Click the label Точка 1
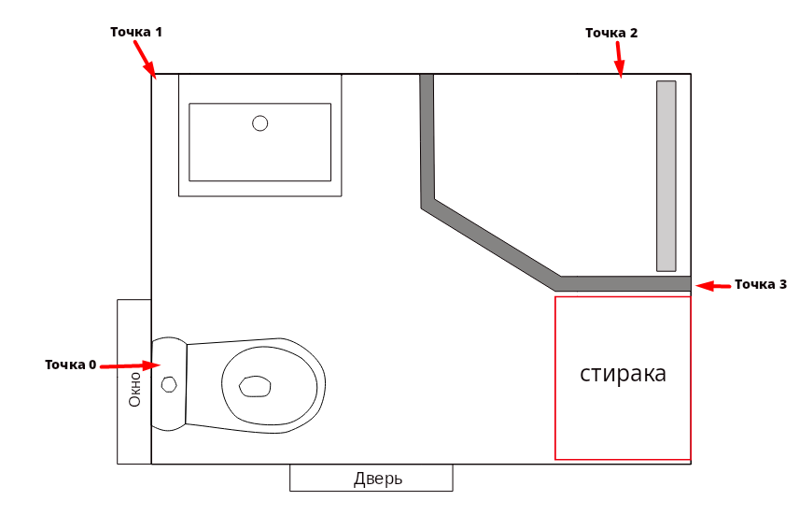(136, 32)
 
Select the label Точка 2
(611, 33)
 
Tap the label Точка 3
(761, 284)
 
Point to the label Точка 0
(71, 365)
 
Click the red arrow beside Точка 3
(714, 285)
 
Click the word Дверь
(378, 479)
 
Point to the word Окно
(134, 388)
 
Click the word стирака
(623, 375)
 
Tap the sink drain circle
(260, 122)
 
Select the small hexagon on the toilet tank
(169, 384)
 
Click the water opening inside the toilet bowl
(255, 385)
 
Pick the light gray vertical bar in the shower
(666, 176)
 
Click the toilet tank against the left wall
(169, 383)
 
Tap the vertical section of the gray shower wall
(428, 140)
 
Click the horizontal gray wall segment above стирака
(625, 283)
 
